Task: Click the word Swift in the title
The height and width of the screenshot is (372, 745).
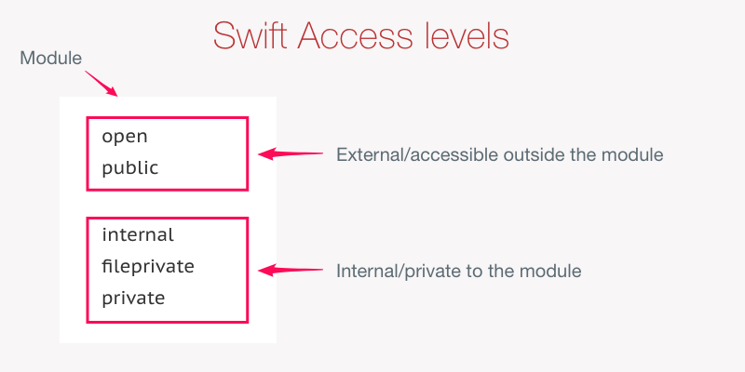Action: [x=251, y=35]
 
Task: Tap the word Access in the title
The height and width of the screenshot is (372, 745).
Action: [x=355, y=35]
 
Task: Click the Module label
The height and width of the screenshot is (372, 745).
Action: [x=51, y=59]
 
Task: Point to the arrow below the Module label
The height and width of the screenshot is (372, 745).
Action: [x=102, y=84]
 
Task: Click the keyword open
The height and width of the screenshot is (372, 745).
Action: [x=125, y=137]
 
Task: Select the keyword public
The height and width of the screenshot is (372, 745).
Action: [x=130, y=167]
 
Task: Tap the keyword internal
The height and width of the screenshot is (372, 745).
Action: [x=138, y=234]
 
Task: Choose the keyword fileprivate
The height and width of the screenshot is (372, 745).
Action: [x=148, y=266]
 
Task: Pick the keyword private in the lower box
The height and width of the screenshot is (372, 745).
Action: [x=133, y=299]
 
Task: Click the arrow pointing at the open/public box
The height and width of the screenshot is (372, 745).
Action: [x=291, y=153]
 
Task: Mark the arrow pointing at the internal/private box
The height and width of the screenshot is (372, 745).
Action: [x=291, y=271]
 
